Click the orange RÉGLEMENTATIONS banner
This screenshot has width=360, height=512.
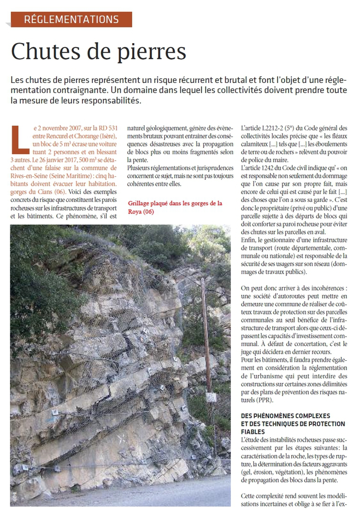(72, 19)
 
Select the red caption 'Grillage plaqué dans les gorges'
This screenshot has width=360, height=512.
(175, 203)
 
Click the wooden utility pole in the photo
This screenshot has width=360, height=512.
(207, 332)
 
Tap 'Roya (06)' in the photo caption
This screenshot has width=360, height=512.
(141, 211)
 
